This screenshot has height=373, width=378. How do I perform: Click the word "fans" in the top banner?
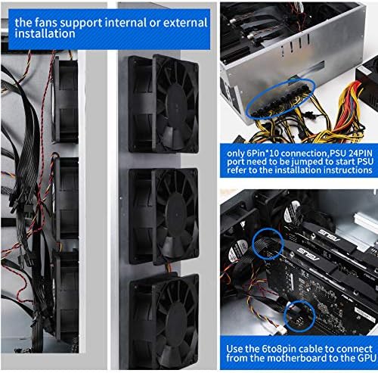click(46, 23)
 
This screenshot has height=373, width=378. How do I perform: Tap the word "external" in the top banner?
click(185, 23)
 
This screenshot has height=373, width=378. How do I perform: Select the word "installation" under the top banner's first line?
click(45, 33)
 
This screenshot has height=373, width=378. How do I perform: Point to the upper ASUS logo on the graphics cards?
click(330, 235)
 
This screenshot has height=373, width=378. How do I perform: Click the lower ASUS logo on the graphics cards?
click(308, 254)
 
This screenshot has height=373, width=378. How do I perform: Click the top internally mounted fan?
click(65, 100)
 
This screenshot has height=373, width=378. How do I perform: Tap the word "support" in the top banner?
click(81, 23)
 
